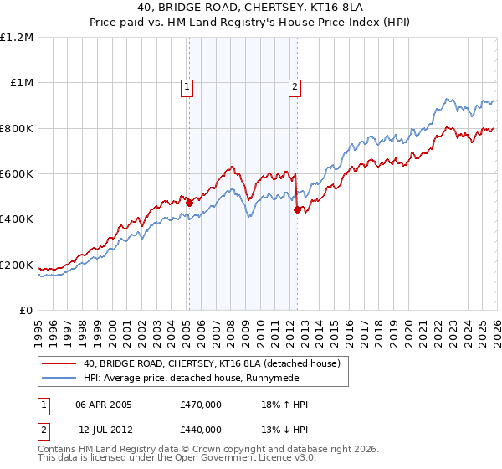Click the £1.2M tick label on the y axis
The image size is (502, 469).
(17, 37)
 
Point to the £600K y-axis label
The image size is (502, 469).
(17, 174)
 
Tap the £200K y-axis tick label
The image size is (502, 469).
(17, 265)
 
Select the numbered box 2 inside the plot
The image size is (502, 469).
(295, 85)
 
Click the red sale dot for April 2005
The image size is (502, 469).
(189, 203)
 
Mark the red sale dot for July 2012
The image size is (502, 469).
(297, 210)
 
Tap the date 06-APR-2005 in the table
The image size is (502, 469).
(104, 405)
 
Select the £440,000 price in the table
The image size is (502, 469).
(201, 430)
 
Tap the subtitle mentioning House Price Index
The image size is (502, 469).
(251, 24)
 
